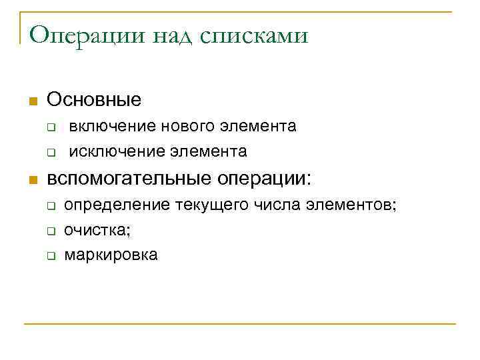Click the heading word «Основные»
94,101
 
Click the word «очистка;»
97,230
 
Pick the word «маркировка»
111,255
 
